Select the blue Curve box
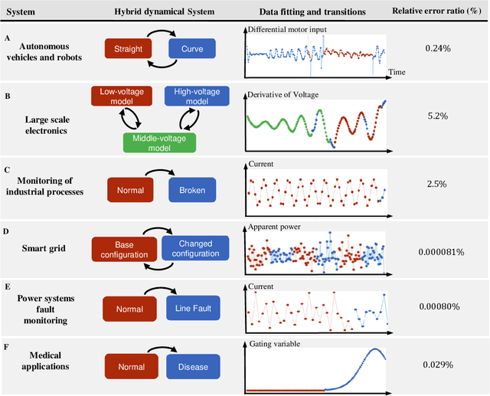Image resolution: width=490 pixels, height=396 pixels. (x=191, y=50)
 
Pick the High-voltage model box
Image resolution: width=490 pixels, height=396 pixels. (x=191, y=96)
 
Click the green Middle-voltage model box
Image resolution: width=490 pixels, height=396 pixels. (x=160, y=142)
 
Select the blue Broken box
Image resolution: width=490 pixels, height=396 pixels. (x=191, y=189)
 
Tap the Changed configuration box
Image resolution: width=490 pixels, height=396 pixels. (x=195, y=247)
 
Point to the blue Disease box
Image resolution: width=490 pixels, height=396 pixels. (x=191, y=366)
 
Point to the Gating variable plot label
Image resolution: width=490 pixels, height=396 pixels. (x=273, y=344)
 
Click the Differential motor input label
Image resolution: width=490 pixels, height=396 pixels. (x=286, y=29)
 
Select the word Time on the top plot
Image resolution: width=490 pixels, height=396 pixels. (x=396, y=71)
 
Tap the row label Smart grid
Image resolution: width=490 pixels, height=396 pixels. (x=44, y=248)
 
